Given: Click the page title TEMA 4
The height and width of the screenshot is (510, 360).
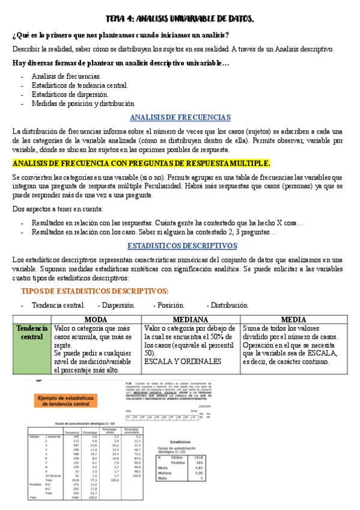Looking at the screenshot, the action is tap(180, 19).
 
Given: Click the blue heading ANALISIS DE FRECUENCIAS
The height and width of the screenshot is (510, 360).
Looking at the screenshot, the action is tap(180, 117).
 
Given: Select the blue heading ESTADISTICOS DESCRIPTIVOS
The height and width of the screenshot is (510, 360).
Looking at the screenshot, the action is tap(182, 245).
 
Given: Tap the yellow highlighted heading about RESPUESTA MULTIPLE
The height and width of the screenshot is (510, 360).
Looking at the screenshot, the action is tap(141, 163).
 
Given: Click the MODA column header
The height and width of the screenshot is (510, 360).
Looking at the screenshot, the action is tap(96, 319).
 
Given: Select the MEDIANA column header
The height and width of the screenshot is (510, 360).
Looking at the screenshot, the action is tap(191, 319).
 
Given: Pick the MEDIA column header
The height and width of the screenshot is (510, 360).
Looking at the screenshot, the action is tap(293, 319).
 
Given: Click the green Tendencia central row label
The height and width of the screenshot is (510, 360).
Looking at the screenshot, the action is tap(32, 333).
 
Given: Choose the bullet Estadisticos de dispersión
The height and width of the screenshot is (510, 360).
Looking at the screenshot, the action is tap(70, 94).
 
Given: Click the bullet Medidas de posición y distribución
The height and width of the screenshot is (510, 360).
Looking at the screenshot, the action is tap(83, 103).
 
